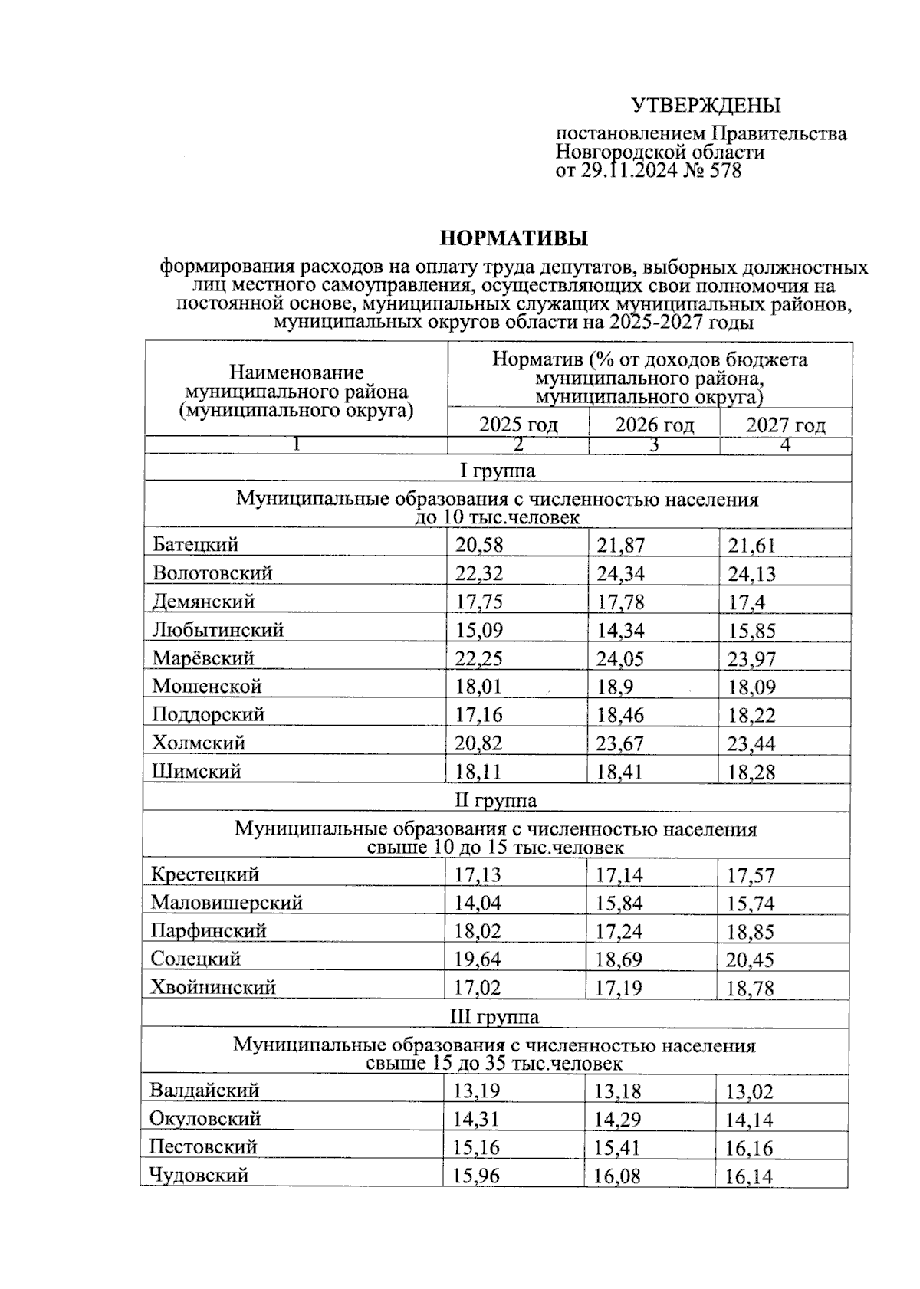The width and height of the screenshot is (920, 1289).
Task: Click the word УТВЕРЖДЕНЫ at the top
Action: click(705, 106)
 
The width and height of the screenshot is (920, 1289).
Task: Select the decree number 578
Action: click(725, 171)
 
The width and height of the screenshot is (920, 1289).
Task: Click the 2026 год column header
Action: click(654, 425)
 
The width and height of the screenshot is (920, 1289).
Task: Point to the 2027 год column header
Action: click(786, 425)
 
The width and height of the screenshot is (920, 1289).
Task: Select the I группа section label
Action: click(497, 470)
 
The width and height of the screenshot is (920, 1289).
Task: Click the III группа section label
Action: click(495, 1017)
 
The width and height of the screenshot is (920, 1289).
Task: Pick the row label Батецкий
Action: click(195, 545)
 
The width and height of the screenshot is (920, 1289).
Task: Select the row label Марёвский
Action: click(203, 658)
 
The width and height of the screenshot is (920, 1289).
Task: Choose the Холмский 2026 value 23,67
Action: click(620, 743)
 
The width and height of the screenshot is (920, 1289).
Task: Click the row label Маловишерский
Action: click(227, 903)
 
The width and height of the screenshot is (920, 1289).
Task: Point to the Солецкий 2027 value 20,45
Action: click(750, 959)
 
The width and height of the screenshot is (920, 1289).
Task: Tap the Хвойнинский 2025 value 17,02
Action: click(477, 988)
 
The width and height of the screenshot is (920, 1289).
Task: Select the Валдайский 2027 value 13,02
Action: click(749, 1091)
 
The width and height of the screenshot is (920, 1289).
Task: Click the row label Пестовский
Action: click(203, 1147)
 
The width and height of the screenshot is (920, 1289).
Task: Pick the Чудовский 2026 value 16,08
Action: click(616, 1176)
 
